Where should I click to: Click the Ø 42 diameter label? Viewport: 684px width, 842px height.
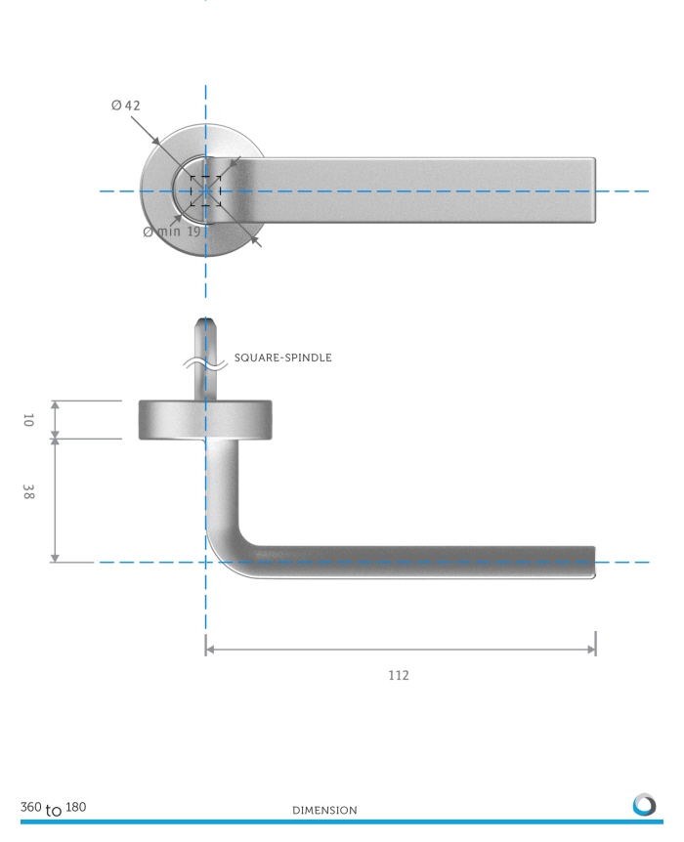(126, 105)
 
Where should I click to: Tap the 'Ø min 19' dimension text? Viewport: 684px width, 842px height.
(172, 232)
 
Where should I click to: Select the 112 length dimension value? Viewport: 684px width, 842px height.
(399, 675)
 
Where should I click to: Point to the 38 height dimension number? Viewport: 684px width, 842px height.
(28, 491)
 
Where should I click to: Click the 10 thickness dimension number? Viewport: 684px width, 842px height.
(28, 420)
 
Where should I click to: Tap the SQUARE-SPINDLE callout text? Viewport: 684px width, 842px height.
(282, 358)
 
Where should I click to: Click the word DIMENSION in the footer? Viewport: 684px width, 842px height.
(324, 811)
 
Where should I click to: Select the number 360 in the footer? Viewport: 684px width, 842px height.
(30, 807)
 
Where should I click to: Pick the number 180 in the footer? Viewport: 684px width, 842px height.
(76, 807)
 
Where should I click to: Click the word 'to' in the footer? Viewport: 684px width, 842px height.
(53, 811)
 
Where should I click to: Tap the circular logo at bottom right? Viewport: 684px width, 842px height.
(644, 805)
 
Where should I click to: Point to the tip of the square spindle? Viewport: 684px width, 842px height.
(205, 319)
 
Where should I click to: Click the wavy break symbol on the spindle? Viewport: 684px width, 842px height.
(205, 363)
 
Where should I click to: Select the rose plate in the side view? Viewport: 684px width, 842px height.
(205, 420)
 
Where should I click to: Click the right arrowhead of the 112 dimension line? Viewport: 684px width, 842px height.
(591, 650)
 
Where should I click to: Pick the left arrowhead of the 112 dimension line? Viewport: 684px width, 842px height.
(210, 650)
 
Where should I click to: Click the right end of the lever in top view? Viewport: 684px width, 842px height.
(595, 190)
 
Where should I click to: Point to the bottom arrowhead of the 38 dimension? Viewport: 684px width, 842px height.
(55, 558)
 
